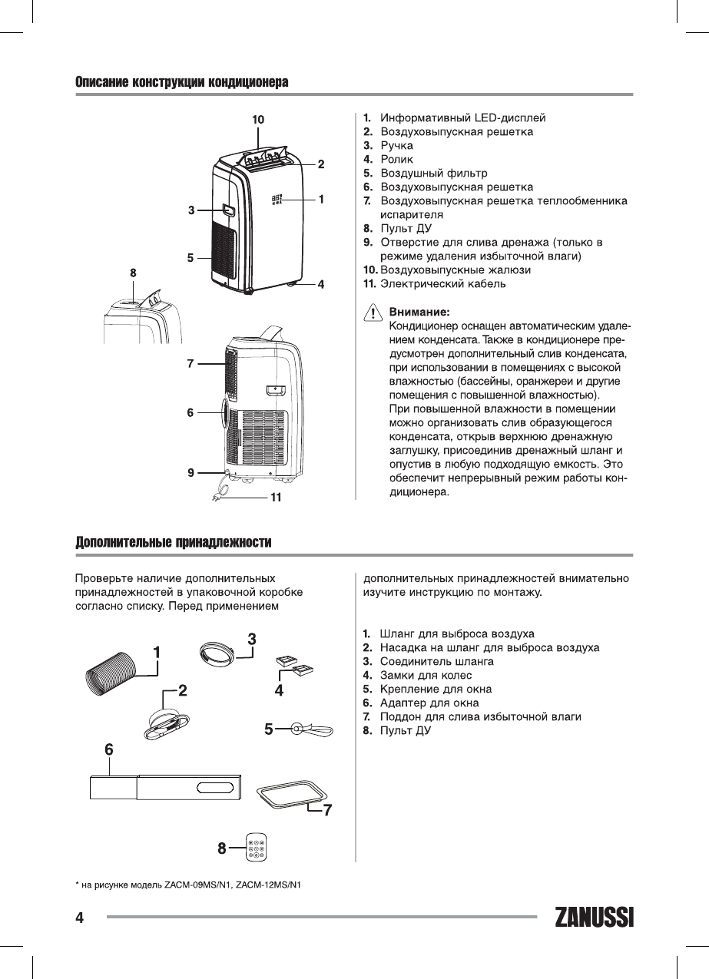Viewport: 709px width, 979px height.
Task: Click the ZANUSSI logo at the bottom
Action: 594,918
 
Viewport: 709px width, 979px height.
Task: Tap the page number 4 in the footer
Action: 79,918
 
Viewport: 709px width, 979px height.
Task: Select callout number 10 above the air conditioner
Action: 258,119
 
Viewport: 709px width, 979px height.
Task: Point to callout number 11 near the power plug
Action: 275,498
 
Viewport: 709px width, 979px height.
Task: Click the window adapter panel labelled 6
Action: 164,788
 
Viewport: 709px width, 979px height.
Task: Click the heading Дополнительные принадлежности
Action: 174,543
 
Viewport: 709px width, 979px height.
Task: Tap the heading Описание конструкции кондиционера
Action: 181,82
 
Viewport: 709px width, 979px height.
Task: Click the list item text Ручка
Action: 396,145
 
